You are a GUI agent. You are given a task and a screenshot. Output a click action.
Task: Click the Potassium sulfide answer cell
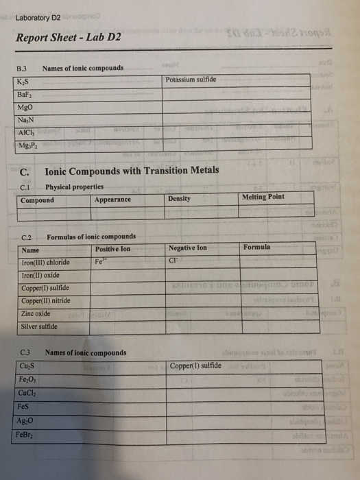(191, 80)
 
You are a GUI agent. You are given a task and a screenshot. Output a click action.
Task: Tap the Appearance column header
(112, 200)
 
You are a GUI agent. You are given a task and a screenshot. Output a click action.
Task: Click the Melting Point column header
(263, 197)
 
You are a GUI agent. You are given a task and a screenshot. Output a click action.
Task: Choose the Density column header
(179, 199)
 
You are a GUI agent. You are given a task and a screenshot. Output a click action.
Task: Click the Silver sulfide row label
(40, 326)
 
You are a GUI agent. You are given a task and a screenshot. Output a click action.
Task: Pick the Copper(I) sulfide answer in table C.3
(195, 366)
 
